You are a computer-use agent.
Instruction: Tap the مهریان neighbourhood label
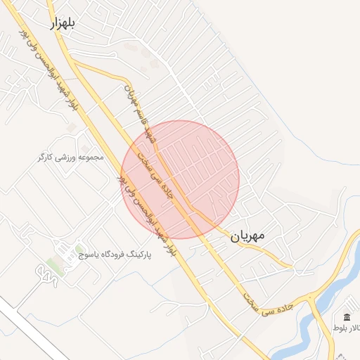(247, 237)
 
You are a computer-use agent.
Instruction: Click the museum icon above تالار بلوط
(347, 318)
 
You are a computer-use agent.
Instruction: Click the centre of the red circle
(181, 179)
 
